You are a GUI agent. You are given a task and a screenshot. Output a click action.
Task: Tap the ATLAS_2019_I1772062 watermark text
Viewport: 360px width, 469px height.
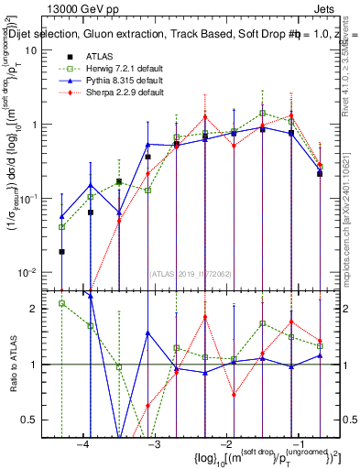[x=193, y=274]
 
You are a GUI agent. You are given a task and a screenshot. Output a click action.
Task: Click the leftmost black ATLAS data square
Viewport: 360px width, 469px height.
[x=61, y=251]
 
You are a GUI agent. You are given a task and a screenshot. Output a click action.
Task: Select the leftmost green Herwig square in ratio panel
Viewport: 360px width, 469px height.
[x=61, y=303]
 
